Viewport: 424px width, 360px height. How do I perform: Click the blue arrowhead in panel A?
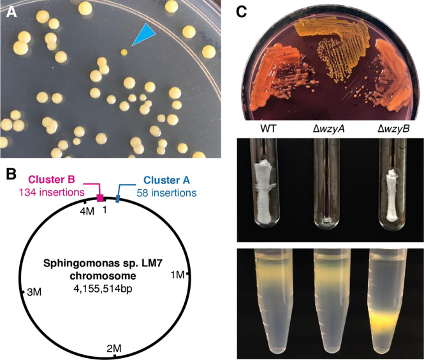point(141,36)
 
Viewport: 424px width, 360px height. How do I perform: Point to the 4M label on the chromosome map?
point(85,210)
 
